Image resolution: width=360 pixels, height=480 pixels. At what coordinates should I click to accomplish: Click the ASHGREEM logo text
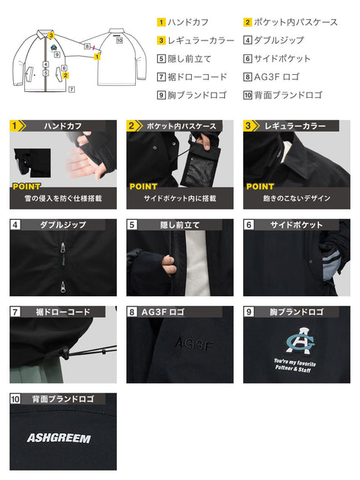(x=59, y=438)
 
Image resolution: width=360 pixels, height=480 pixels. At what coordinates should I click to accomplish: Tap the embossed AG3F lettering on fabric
(x=194, y=344)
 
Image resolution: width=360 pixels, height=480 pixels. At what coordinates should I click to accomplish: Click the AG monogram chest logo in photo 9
(x=300, y=341)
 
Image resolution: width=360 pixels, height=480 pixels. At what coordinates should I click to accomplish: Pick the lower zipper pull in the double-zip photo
(x=63, y=286)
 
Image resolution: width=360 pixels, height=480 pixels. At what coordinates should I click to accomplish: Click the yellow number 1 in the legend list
(x=161, y=22)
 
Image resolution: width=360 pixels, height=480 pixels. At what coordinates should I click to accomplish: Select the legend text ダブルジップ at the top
(x=279, y=40)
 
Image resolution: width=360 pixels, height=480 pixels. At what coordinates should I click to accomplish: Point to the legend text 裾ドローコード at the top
(x=198, y=76)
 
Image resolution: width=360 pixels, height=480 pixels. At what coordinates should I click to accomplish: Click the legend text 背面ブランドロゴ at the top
(x=288, y=95)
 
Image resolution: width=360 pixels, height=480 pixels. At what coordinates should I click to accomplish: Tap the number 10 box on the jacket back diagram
(x=119, y=40)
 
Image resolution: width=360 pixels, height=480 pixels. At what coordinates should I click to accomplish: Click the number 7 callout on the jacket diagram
(x=71, y=90)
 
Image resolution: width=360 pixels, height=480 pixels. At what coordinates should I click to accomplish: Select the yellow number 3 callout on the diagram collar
(x=51, y=35)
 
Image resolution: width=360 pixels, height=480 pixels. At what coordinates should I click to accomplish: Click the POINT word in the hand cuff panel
(x=26, y=187)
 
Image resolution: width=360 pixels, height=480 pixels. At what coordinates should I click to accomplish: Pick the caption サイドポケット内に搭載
(x=180, y=198)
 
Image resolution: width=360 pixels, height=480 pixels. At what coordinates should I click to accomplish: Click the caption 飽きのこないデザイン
(x=297, y=198)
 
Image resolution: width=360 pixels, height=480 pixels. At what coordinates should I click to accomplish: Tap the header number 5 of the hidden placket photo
(x=132, y=225)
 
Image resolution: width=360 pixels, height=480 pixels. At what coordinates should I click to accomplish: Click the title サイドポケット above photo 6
(x=296, y=225)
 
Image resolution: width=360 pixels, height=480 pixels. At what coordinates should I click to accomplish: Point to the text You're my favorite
(x=295, y=362)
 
